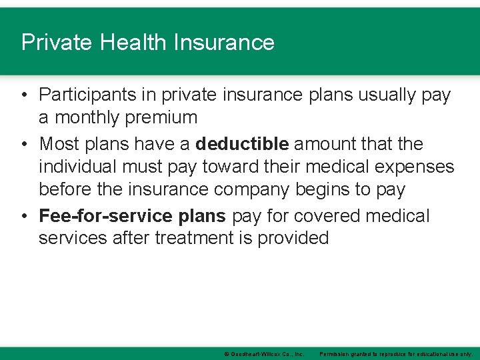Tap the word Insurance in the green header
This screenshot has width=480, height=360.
coord(224,43)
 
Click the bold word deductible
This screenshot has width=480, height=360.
coord(242,143)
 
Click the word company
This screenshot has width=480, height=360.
coord(251,190)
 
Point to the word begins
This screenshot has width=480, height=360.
coord(325,190)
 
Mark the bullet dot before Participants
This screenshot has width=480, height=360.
coord(24,96)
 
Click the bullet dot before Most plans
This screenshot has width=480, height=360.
coord(24,144)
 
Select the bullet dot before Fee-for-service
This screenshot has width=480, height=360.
coord(24,217)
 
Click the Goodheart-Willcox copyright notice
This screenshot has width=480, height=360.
coord(264,354)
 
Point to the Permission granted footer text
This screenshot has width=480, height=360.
coord(396,354)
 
